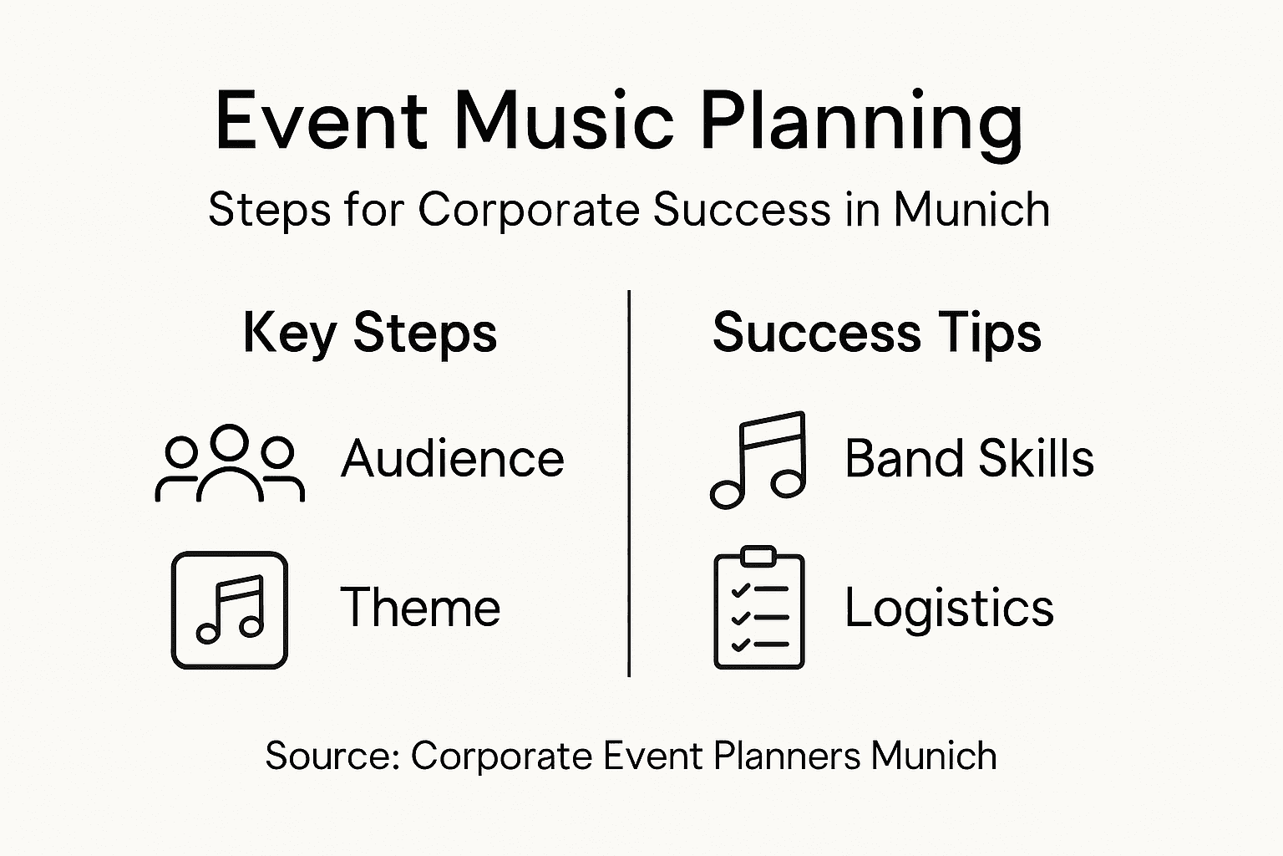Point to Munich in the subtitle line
971,209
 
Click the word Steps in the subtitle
269,209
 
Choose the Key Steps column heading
370,334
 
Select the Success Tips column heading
877,333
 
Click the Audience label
453,459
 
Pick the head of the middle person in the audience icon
230,441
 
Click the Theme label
420,607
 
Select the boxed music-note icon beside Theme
230,609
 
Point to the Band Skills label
969,459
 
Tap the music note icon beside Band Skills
758,460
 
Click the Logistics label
949,608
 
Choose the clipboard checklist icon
759,608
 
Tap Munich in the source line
934,756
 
